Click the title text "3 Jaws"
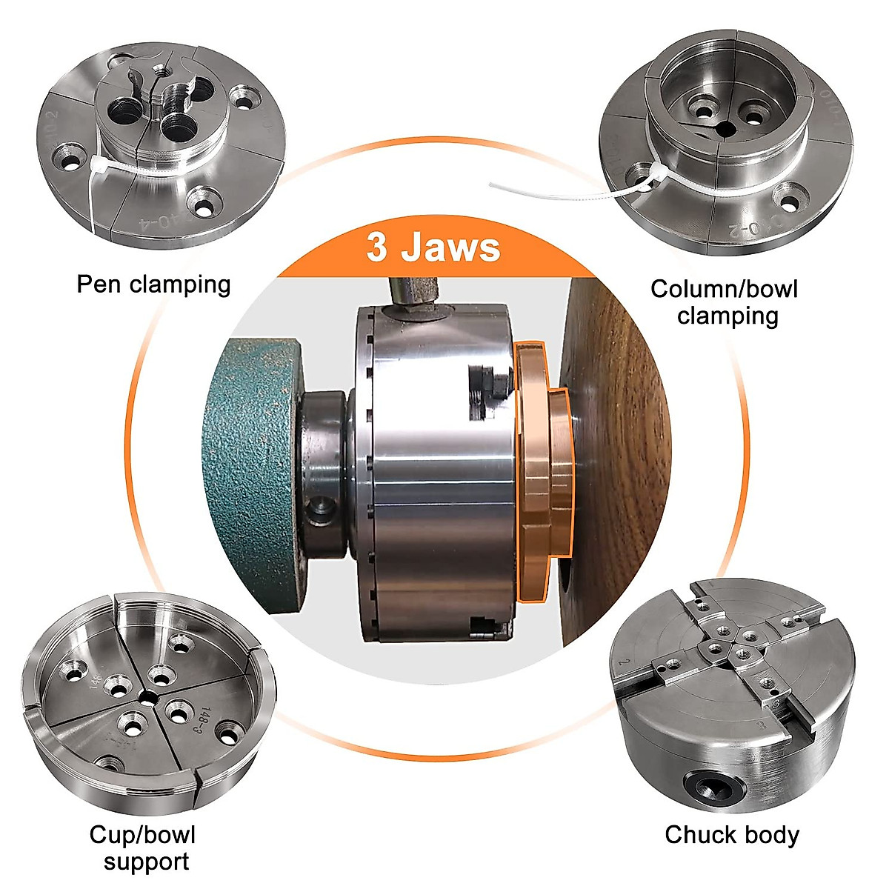[x=433, y=247]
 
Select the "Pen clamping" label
[x=153, y=284]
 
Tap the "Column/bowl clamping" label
[x=725, y=302]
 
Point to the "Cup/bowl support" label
[x=143, y=848]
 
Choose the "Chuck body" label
[x=732, y=835]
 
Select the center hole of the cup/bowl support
[x=149, y=696]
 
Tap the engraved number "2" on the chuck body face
[x=627, y=662]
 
